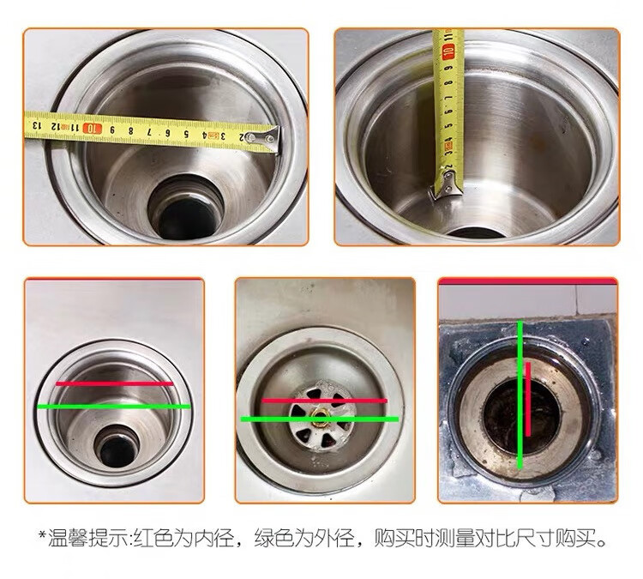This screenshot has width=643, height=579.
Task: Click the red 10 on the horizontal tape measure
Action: [93, 129]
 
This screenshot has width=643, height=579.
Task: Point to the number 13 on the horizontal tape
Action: [37, 124]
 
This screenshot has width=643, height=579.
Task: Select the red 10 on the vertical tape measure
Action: [448, 51]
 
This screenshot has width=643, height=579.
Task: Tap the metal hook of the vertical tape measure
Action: [446, 186]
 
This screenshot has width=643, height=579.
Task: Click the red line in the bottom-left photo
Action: [115, 383]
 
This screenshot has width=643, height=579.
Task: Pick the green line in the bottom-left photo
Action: [114, 407]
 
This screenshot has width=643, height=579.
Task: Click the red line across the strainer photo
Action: [324, 401]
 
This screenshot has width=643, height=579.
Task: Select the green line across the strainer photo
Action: [320, 419]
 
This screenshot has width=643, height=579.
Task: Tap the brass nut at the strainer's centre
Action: [319, 418]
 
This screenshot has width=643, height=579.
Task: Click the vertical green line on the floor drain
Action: [520, 395]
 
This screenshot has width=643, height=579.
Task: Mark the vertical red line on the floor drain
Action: [528, 399]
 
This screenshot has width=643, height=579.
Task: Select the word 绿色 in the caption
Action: [274, 539]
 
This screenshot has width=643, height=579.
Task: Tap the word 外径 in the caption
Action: [334, 539]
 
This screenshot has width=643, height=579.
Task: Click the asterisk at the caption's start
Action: [42, 534]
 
